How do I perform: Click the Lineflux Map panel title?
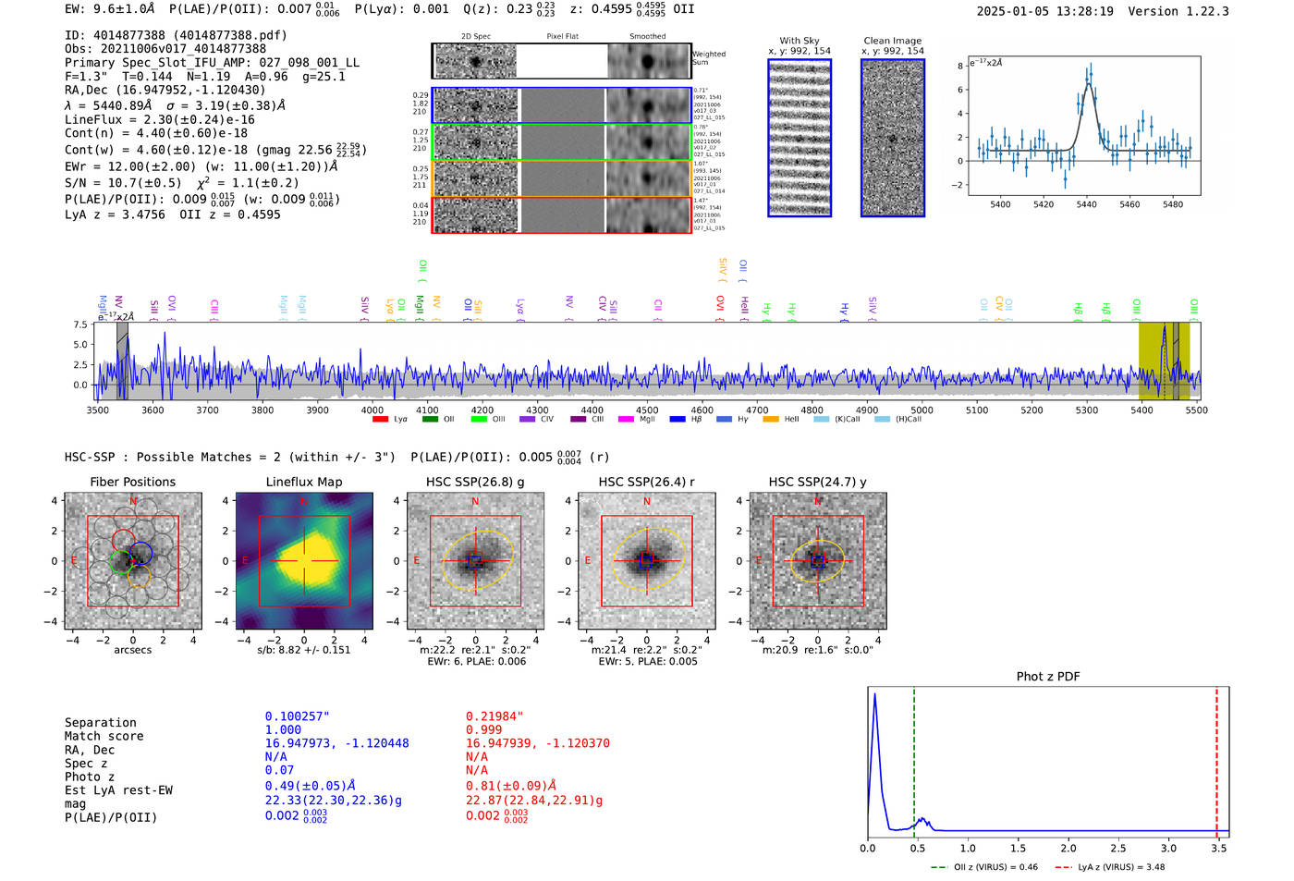coord(303,482)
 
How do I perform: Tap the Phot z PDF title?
coord(1047,676)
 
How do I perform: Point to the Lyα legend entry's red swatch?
coord(379,420)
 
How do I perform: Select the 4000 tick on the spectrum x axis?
coord(372,410)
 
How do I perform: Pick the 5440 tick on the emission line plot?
coord(1086,204)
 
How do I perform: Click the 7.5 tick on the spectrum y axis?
coord(80,325)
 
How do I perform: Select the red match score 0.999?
coord(483,729)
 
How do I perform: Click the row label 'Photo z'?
coord(89,777)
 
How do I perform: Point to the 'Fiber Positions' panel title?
coord(132,482)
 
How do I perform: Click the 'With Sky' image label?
coord(800,41)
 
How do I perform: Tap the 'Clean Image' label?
coord(892,41)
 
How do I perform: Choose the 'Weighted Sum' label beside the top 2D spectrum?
coord(708,58)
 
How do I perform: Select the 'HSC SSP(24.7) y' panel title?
coord(817,482)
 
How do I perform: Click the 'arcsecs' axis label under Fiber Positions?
coord(132,650)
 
